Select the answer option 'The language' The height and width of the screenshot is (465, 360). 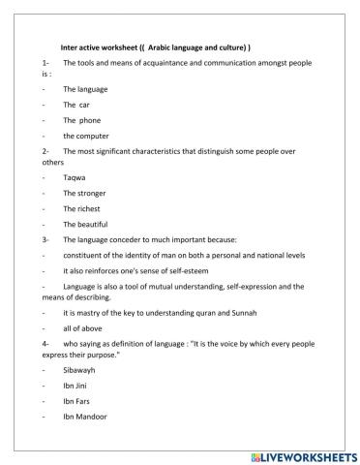point(85,88)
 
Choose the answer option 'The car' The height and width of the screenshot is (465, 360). point(77,104)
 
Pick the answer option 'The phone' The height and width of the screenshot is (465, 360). point(82,119)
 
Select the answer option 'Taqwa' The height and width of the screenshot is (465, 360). point(75,178)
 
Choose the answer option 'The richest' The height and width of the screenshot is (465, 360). point(83,209)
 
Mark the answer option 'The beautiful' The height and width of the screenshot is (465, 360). point(86,225)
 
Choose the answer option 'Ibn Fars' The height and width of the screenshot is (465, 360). point(77,402)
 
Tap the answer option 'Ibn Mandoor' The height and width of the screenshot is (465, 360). point(85,418)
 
